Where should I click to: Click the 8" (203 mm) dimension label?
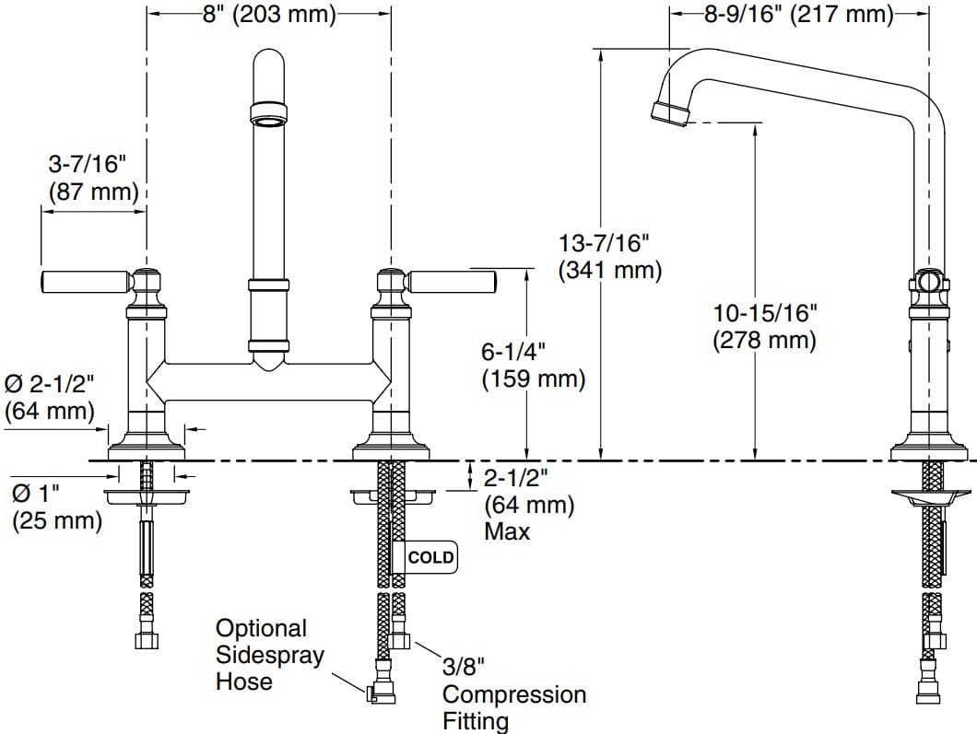[269, 16]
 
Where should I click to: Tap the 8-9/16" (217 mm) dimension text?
[798, 15]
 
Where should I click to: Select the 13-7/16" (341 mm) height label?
[609, 257]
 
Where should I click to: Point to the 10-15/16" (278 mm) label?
[764, 325]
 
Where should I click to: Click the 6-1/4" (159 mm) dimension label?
[534, 365]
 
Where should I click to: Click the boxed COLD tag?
[430, 557]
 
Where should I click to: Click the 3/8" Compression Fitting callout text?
[513, 693]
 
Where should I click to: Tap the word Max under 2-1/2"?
[507, 531]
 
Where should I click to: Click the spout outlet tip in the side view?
[670, 111]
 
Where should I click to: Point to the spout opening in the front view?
[269, 117]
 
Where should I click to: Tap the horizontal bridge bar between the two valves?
[269, 381]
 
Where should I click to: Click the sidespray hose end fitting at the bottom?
[381, 693]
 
